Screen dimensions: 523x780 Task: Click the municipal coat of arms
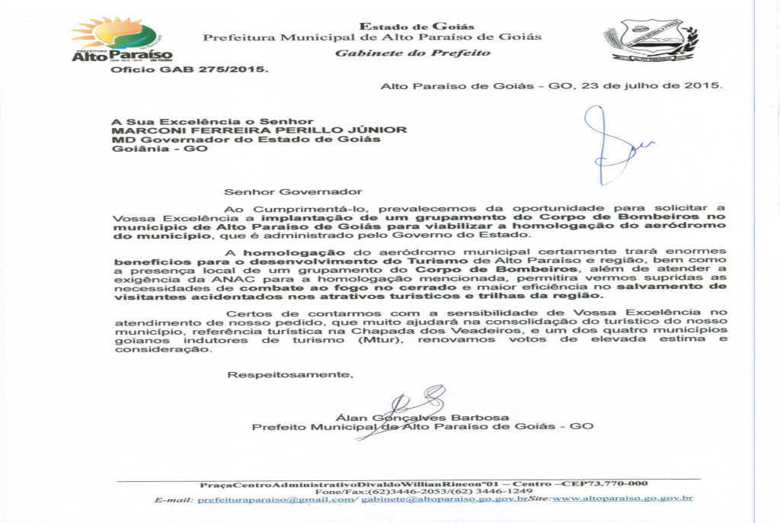tap(651, 41)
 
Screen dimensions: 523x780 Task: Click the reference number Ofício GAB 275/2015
tap(190, 69)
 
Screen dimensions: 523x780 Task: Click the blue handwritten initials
tap(613, 146)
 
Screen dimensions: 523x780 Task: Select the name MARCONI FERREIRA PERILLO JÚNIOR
tap(259, 130)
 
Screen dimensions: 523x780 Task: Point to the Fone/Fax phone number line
tap(423, 491)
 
